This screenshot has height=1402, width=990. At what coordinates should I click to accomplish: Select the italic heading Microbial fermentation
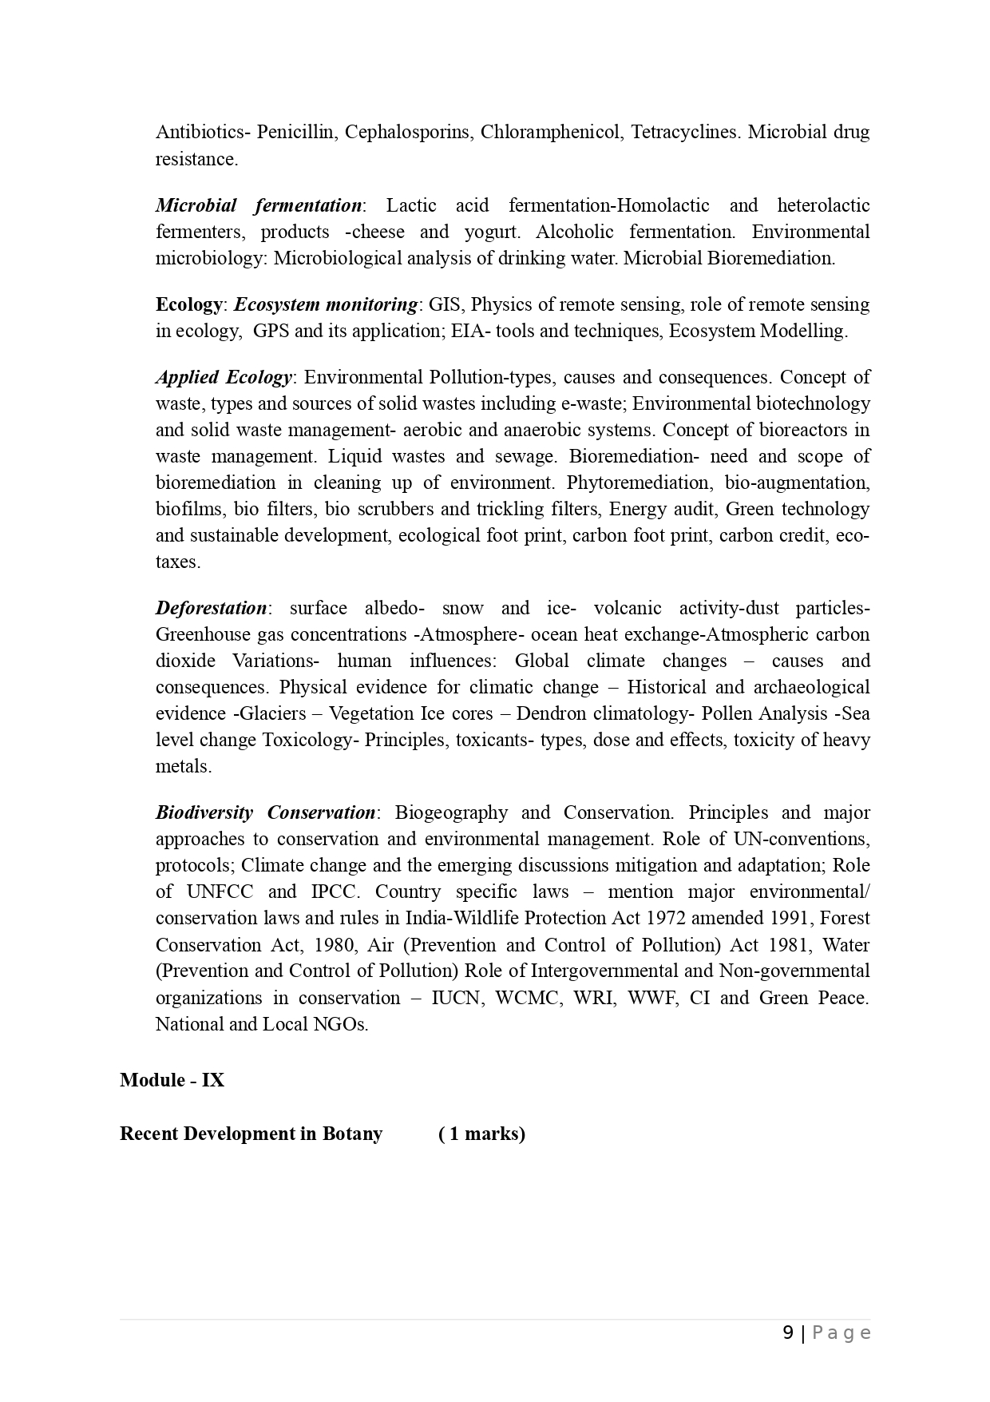(259, 206)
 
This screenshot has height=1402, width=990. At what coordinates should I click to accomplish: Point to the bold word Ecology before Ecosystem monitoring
(189, 305)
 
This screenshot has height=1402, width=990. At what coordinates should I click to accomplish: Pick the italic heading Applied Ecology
(224, 378)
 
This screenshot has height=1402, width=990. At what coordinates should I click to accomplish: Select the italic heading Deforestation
(211, 609)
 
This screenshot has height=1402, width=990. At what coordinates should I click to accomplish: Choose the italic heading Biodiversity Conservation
(265, 813)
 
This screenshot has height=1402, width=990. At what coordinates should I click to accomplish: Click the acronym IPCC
(333, 892)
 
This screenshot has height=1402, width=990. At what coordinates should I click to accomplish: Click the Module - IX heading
(172, 1081)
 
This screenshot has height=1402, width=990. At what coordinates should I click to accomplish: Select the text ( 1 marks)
(481, 1134)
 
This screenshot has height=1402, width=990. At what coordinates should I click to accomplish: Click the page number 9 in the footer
(788, 1333)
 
